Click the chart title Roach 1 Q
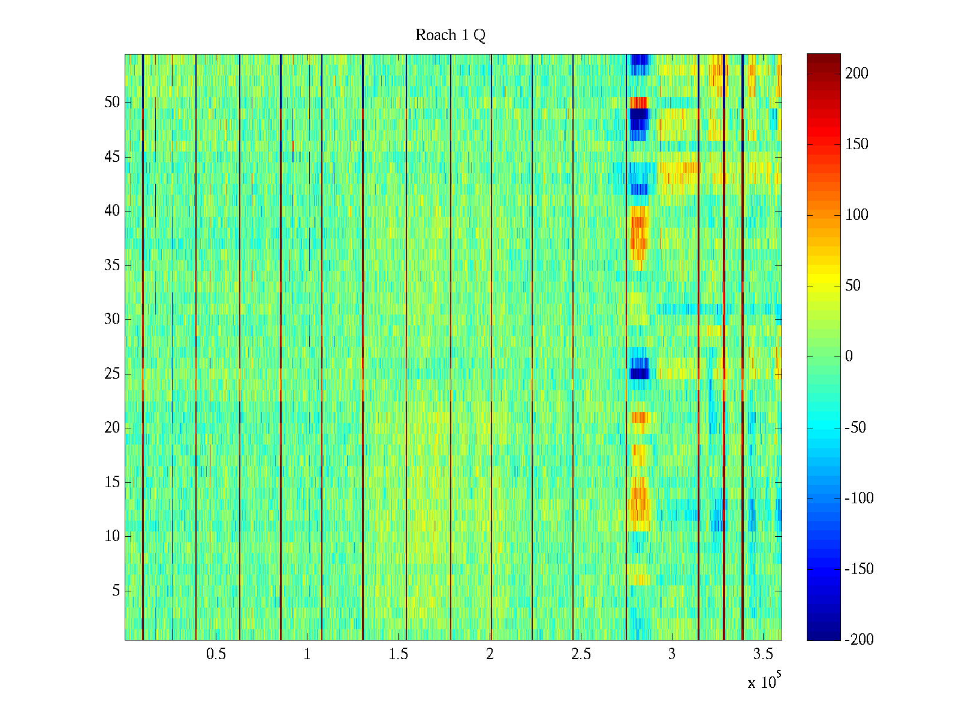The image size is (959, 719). [x=450, y=35]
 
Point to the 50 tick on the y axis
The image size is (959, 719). [x=112, y=102]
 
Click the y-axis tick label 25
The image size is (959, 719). [x=112, y=374]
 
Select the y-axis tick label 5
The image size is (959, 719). [x=116, y=591]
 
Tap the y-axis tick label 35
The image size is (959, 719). [x=112, y=265]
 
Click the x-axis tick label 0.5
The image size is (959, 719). [x=216, y=654]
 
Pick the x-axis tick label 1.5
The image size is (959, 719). [x=398, y=654]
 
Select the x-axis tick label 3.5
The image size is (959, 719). [x=762, y=654]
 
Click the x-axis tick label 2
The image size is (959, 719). [x=490, y=654]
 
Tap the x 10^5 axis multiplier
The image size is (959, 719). [x=764, y=682]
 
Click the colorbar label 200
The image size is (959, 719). [x=857, y=74]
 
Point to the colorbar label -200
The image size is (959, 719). [x=859, y=639]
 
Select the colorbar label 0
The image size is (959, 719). [x=849, y=357]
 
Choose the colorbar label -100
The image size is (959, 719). [x=859, y=498]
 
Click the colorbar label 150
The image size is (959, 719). [x=857, y=144]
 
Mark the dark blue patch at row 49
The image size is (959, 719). [x=639, y=113]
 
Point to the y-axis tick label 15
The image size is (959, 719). [x=112, y=482]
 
